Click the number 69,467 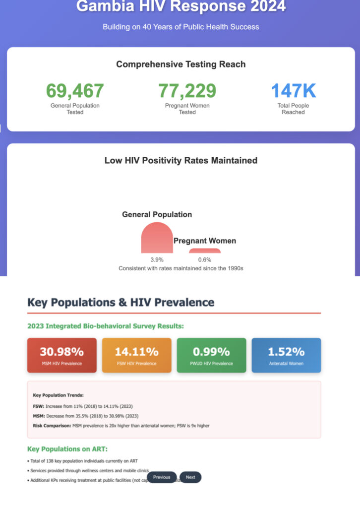[x=75, y=91]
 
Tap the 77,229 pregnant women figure [x=187, y=91]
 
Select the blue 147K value [x=293, y=91]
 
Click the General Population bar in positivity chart [x=157, y=239]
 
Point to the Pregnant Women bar [x=204, y=251]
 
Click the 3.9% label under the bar [x=157, y=259]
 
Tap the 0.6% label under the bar [x=204, y=259]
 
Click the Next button [x=190, y=477]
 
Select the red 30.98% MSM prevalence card [x=62, y=355]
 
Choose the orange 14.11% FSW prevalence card [x=136, y=355]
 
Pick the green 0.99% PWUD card [x=211, y=355]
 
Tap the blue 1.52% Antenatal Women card [x=286, y=355]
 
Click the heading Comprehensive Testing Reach [x=180, y=64]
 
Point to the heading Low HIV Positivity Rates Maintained [x=180, y=160]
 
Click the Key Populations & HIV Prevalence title [x=120, y=303]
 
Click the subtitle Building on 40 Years [x=180, y=26]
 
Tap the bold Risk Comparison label [x=52, y=426]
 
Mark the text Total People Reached [x=293, y=109]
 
